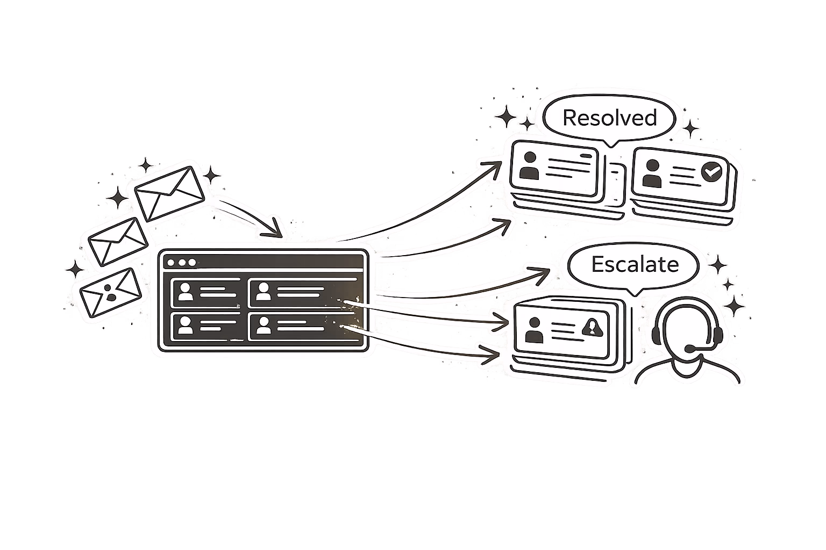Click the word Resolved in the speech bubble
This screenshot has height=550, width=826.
(x=609, y=118)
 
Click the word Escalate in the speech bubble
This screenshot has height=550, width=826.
(x=635, y=264)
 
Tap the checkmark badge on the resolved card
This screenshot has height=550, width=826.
(x=711, y=172)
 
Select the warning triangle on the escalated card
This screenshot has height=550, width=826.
(x=592, y=328)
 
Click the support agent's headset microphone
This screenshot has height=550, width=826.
(x=689, y=348)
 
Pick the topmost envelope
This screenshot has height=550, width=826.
(x=169, y=194)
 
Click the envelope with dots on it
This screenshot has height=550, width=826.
(x=111, y=293)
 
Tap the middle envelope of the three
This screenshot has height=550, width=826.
(x=118, y=242)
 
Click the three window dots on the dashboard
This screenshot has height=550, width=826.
(x=182, y=263)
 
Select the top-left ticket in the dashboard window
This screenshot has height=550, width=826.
(x=207, y=293)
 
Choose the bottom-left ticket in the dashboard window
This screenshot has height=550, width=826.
(x=207, y=327)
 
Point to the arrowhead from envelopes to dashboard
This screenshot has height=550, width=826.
(x=273, y=229)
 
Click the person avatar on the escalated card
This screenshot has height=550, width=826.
(x=534, y=330)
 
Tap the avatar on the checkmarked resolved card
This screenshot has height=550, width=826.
(x=652, y=173)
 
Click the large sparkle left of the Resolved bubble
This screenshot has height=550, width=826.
(x=505, y=117)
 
